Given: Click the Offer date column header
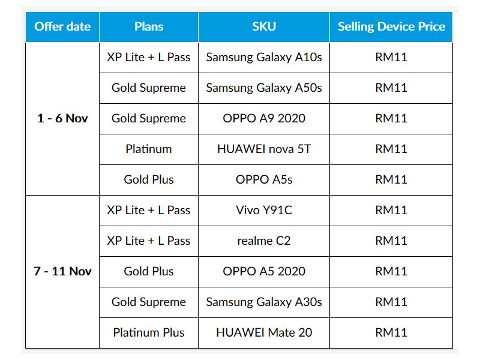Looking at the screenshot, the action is (62, 26).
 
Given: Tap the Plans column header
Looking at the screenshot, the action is (149, 26).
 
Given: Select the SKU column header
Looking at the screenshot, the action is (264, 26).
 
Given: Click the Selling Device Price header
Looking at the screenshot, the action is (391, 26).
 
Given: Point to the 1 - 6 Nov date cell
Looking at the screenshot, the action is (62, 118).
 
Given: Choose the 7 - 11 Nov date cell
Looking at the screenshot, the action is (62, 272).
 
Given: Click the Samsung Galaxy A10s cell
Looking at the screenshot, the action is (264, 57).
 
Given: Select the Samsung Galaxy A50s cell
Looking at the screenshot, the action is (264, 88).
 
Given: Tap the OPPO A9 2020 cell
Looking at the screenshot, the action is (264, 118).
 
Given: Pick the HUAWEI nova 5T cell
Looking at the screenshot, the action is (264, 149).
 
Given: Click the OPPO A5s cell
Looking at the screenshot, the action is (264, 179).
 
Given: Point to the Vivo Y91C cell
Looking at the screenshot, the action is (264, 211).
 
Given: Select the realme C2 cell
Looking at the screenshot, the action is (264, 241).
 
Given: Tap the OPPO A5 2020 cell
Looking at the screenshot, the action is (264, 272).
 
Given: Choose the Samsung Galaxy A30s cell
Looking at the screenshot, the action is (264, 302).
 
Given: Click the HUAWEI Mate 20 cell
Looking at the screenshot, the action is (264, 333).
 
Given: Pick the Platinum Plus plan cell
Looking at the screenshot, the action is (149, 333).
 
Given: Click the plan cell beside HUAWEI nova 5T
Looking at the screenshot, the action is (149, 149).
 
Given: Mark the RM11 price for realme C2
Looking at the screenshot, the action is (391, 241).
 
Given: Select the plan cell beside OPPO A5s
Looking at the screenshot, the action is (149, 179).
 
